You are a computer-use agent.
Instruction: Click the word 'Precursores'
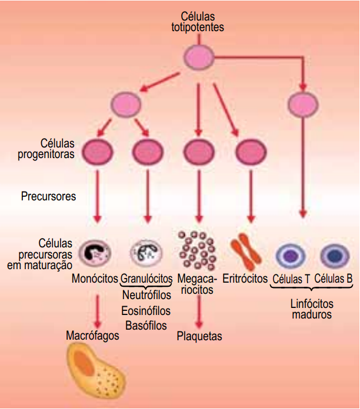(x=48, y=196)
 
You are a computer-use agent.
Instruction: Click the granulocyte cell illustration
(x=146, y=251)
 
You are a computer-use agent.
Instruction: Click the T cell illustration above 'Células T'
(x=291, y=256)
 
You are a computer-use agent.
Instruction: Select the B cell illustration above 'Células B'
(x=334, y=256)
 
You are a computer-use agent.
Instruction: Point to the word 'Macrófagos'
(x=93, y=336)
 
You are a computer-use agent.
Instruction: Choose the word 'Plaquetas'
(x=199, y=336)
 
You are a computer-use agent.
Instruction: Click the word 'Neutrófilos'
(x=146, y=294)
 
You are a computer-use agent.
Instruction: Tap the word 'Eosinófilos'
(x=146, y=310)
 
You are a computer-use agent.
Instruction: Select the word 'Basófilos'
(x=146, y=325)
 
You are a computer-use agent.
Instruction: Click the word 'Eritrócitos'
(x=245, y=278)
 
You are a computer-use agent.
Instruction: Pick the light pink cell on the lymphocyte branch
(x=304, y=104)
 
